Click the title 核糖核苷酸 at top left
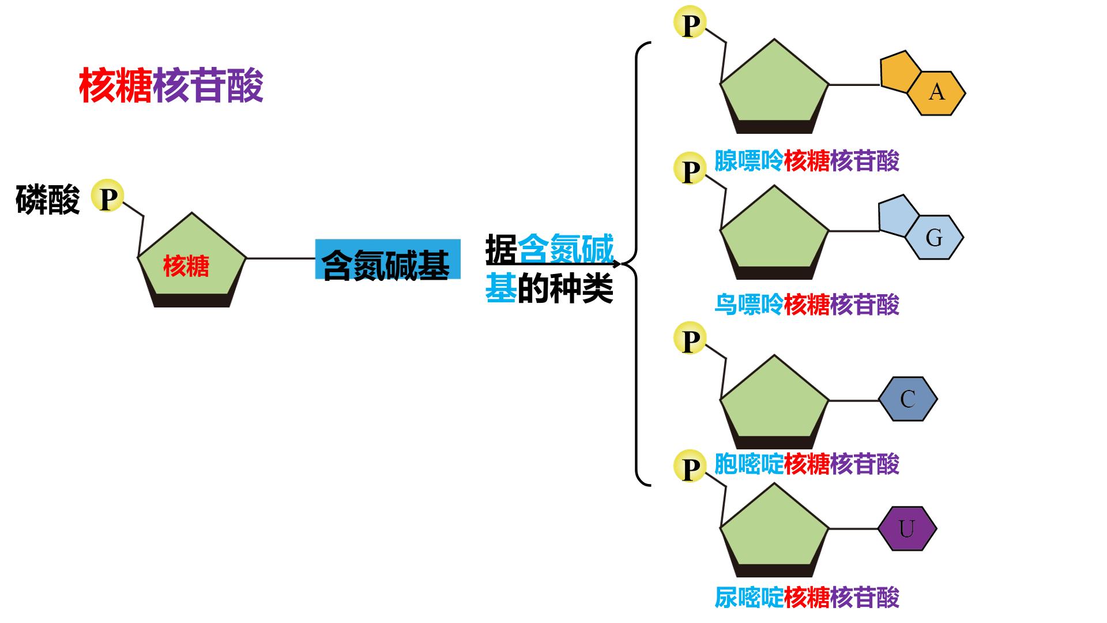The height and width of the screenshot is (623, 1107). point(171,85)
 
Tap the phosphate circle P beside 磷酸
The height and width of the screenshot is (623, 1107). point(108,197)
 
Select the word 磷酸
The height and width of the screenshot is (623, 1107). point(47,200)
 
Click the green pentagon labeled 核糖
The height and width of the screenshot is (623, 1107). point(192,260)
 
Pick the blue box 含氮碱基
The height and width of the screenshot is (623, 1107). point(387,259)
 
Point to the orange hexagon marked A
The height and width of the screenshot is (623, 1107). point(936,93)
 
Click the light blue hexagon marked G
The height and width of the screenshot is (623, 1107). point(934,237)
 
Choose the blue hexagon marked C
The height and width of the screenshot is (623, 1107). point(908,399)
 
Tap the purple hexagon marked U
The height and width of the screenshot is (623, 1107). point(908,528)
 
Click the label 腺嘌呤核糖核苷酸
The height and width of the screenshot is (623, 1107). point(807,161)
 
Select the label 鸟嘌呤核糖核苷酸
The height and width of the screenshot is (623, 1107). point(807,305)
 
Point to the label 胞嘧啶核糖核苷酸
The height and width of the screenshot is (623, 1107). point(807,464)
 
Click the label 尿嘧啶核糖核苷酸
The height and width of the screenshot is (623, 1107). point(807,597)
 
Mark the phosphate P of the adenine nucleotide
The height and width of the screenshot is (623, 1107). point(690,23)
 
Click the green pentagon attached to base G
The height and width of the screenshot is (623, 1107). point(774,233)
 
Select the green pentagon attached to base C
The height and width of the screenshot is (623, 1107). point(774,402)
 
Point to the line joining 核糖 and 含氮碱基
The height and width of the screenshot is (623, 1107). point(281,258)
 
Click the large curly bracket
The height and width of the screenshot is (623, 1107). point(637,264)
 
